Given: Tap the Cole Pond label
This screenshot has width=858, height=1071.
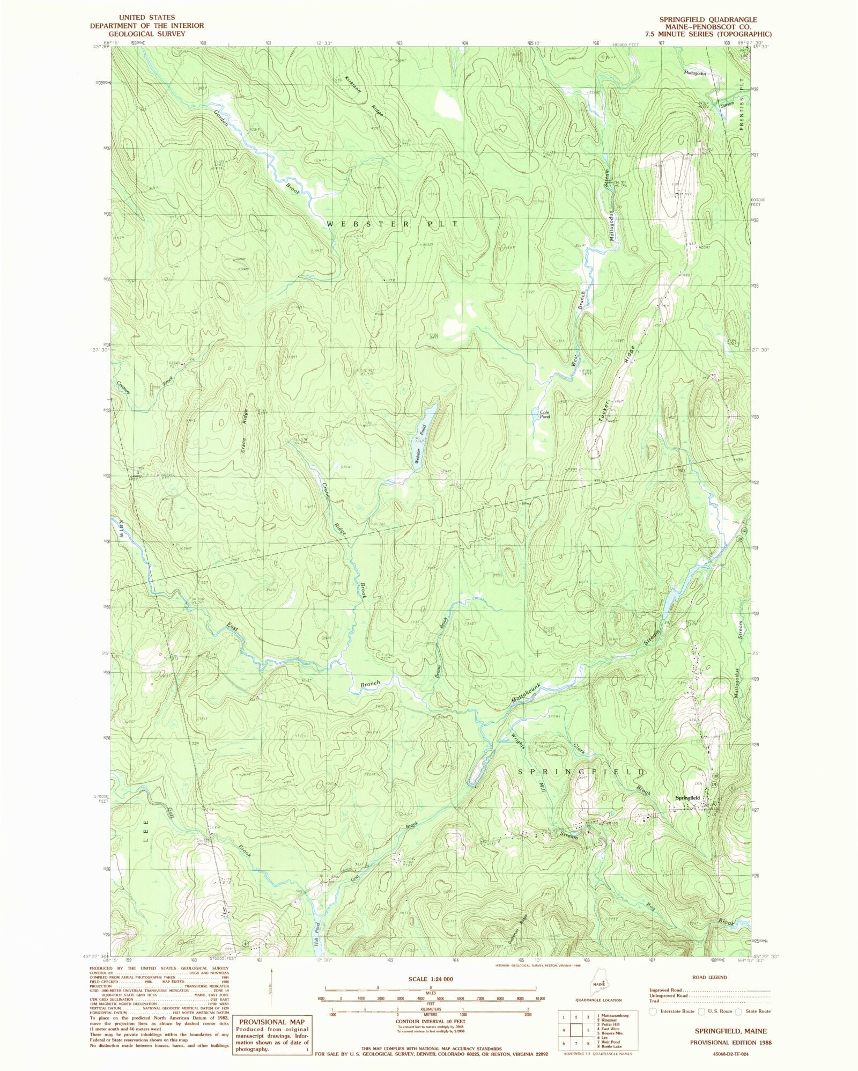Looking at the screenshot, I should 544,413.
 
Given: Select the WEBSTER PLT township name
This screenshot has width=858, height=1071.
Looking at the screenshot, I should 392,224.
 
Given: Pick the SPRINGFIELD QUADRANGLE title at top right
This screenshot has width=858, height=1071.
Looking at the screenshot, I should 708,19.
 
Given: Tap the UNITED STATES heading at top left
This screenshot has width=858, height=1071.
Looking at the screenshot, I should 146,18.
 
